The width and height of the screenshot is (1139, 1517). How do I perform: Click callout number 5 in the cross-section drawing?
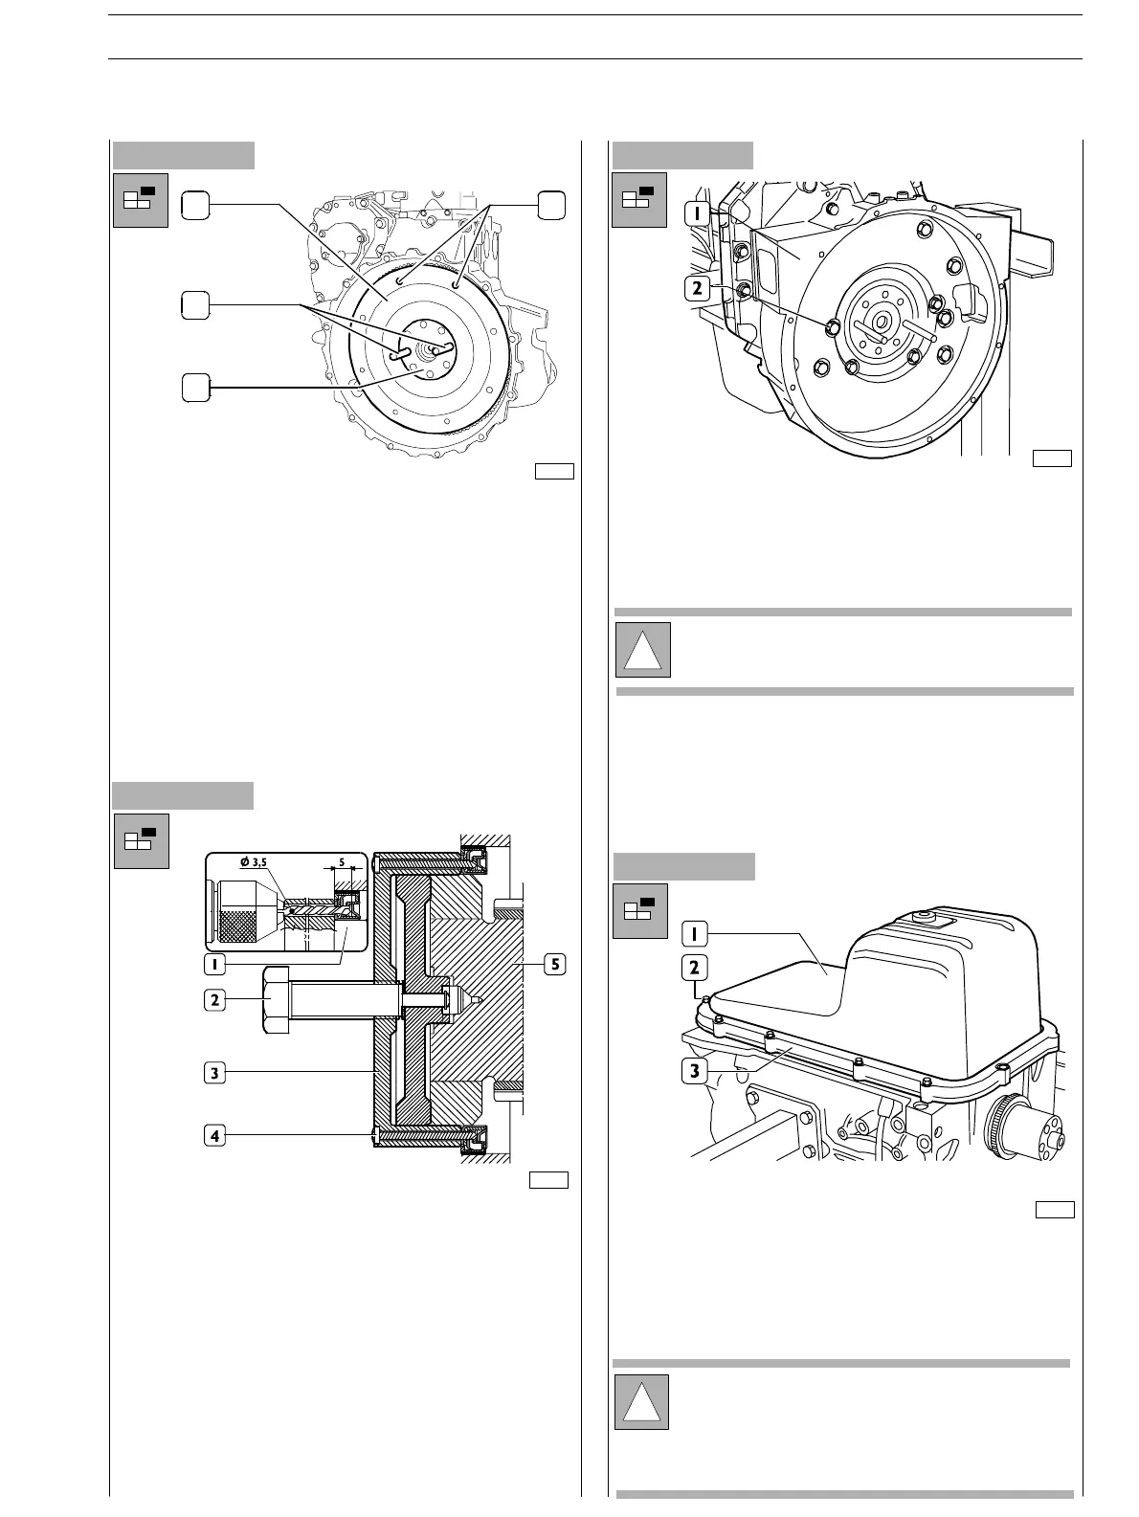tap(553, 965)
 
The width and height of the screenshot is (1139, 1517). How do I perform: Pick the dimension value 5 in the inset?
tap(342, 862)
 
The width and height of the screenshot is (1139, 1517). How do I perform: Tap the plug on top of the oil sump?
tap(925, 918)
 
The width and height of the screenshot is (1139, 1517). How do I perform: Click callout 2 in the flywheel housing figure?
tap(700, 286)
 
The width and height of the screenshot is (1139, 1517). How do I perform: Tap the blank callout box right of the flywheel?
tap(550, 205)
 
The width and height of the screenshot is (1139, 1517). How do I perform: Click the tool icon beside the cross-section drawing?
tap(141, 841)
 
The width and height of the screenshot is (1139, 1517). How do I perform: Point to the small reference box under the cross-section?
tap(549, 1179)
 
